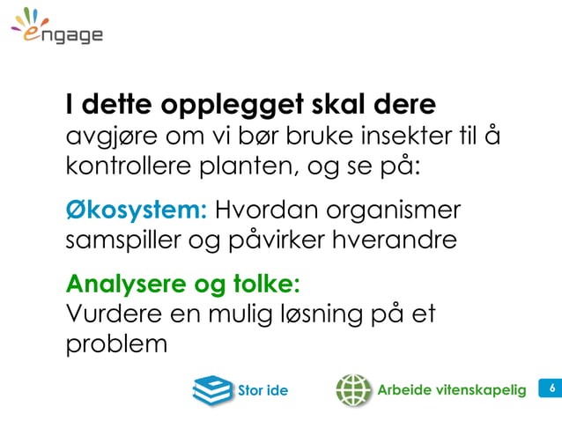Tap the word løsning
[x=321, y=314]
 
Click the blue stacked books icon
[x=212, y=388]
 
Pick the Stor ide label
[x=263, y=389]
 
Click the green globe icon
[x=352, y=388]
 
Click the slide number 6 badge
[x=551, y=388]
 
